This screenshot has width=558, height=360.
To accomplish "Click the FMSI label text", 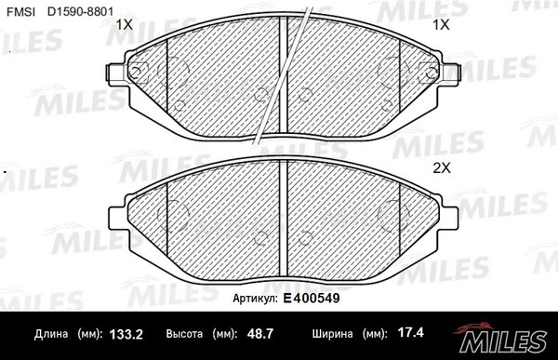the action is (21, 12).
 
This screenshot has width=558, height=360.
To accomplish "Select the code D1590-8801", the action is (80, 12).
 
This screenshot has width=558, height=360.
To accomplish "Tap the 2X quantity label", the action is (442, 168).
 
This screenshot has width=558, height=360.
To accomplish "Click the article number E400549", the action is (312, 298).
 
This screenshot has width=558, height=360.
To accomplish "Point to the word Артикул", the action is (255, 299).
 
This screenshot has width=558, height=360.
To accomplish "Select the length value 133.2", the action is (126, 334).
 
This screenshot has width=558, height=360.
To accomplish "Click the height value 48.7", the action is (260, 334).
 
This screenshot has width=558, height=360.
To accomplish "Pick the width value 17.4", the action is (411, 333).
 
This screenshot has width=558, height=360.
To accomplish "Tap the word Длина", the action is (51, 334).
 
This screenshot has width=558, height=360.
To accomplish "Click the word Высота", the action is (184, 334).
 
